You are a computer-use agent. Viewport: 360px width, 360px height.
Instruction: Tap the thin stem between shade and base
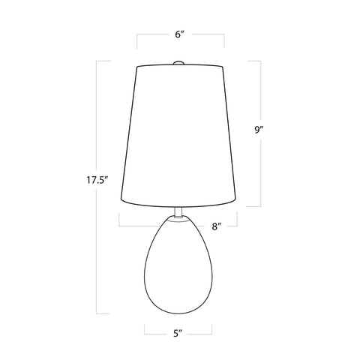click(x=179, y=212)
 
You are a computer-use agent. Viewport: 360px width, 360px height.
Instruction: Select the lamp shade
click(x=179, y=135)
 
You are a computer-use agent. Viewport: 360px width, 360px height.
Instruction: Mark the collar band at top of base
click(x=179, y=220)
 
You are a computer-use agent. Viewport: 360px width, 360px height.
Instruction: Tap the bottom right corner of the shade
click(x=238, y=203)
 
